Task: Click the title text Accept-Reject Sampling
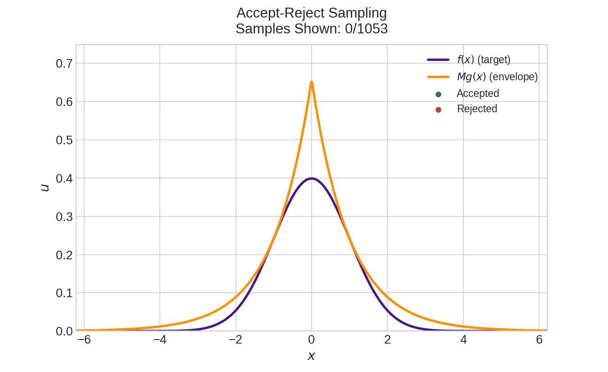point(311,13)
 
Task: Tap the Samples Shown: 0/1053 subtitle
point(311,29)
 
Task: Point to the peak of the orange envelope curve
point(311,82)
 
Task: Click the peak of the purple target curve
point(311,179)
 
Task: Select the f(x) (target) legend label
point(483,60)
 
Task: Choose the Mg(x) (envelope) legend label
point(497,77)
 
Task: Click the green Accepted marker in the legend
point(438,94)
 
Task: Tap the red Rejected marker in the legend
point(438,110)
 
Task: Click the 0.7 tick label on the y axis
point(64,64)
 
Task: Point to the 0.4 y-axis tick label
point(64,179)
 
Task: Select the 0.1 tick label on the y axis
point(64,293)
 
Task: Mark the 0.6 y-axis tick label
point(64,102)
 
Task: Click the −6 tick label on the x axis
point(84,340)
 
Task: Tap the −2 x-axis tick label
point(236,340)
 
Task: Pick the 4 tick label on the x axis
point(463,340)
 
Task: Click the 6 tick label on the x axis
point(539,340)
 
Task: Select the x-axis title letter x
point(311,356)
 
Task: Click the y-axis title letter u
point(44,188)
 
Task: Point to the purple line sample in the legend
point(438,60)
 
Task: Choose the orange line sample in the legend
point(438,77)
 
